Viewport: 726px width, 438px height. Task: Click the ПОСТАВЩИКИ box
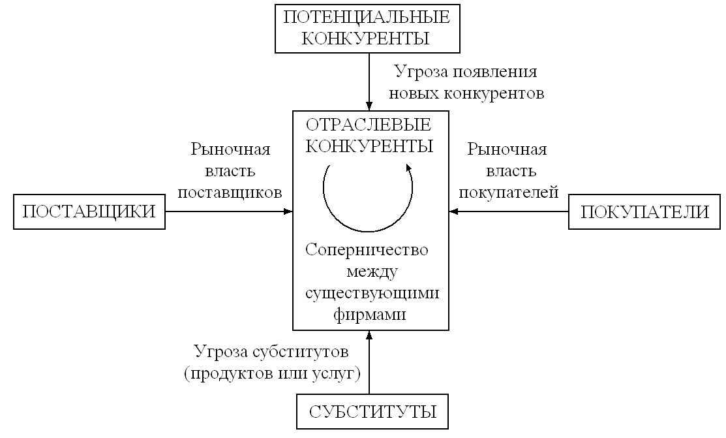pos(89,212)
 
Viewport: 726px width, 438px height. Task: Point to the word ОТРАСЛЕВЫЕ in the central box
pos(369,125)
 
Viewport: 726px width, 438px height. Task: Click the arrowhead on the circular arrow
pos(408,168)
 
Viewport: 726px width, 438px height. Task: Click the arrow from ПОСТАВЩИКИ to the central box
pos(228,211)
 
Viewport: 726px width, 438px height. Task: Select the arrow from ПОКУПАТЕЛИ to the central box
pos(509,211)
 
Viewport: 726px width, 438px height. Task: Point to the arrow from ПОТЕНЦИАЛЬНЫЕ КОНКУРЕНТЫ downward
pos(369,82)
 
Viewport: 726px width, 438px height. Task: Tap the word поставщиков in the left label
pos(230,193)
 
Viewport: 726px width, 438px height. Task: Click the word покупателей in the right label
pos(508,193)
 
